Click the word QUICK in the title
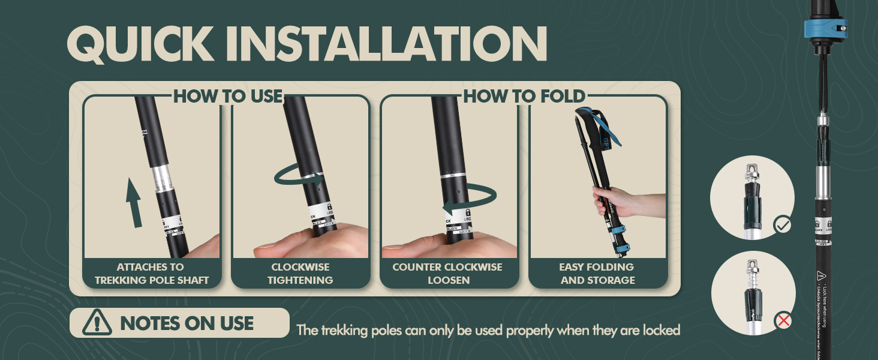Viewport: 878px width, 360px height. (139, 44)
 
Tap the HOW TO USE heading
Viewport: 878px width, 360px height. (227, 96)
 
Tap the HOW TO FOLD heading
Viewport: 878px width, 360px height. (524, 96)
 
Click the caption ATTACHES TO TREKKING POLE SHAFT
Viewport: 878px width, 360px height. (151, 274)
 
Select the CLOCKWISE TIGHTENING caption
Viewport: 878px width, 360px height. (300, 274)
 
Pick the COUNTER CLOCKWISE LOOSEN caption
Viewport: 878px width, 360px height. (447, 274)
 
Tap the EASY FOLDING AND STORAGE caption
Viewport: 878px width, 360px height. (597, 274)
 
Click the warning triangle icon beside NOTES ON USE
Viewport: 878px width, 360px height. (97, 323)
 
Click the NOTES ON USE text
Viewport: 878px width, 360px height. (187, 323)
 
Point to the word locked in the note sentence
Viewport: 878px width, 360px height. (661, 330)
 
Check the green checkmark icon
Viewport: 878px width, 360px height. (783, 226)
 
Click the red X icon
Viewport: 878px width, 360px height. (783, 321)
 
